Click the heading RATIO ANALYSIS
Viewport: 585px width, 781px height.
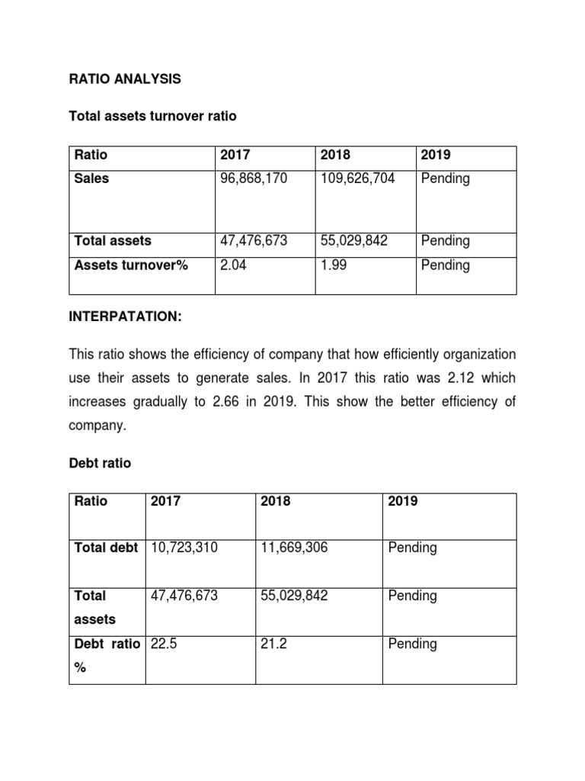click(x=126, y=79)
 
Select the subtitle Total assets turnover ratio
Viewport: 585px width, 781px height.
click(x=152, y=117)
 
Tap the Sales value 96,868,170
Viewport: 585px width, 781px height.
click(x=254, y=178)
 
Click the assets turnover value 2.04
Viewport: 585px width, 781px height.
click(x=232, y=265)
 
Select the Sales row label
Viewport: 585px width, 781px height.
click(x=91, y=178)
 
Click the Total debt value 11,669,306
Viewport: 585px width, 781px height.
click(x=295, y=548)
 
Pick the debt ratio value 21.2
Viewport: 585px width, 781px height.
click(x=273, y=644)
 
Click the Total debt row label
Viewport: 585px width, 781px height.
click(x=105, y=548)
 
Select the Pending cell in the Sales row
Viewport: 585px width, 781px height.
click(x=445, y=178)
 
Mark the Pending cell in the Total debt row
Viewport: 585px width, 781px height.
click(x=412, y=548)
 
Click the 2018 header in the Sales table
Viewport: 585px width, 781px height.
click(x=335, y=155)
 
